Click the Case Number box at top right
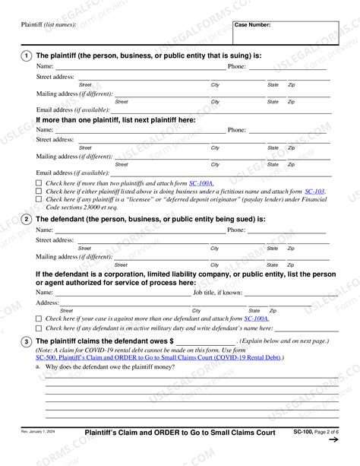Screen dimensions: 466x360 coord(275,33)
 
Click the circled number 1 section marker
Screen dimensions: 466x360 coord(27,55)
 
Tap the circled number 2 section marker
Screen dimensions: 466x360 coord(27,219)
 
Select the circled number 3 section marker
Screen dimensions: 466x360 coord(27,341)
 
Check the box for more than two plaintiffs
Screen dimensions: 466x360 coord(39,184)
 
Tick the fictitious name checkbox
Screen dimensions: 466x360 coord(39,192)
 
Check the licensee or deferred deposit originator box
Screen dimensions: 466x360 coord(39,200)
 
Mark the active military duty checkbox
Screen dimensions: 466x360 coord(39,328)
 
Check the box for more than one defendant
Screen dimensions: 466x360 coord(39,319)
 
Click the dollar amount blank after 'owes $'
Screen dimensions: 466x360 coord(207,342)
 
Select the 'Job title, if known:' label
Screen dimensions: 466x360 coord(218,292)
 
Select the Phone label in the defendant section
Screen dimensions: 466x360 coord(237,230)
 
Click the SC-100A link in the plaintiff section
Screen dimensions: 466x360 coord(201,183)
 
